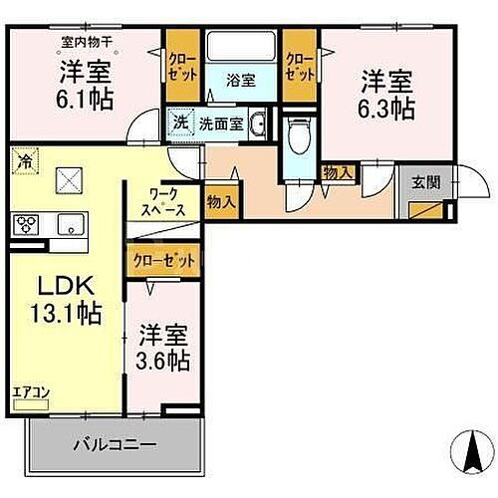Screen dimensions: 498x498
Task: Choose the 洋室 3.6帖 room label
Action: tap(164, 346)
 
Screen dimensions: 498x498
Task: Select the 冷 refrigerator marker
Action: tap(22, 158)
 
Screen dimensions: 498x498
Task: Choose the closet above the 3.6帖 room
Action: tap(163, 260)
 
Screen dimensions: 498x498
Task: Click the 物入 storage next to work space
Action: tap(222, 201)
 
